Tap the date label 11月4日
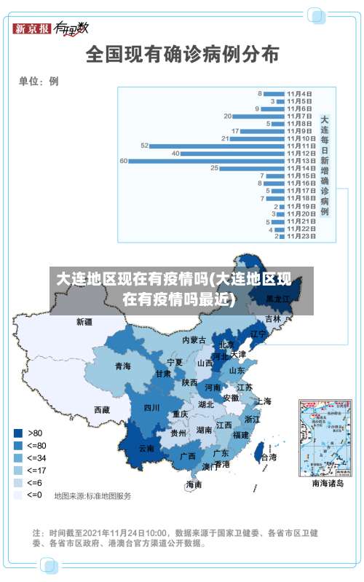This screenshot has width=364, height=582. click(299, 93)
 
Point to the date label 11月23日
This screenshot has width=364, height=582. click(301, 236)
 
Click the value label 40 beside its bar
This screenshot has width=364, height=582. click(175, 153)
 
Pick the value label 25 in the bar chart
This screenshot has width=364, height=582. click(214, 168)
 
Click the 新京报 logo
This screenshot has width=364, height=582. click(32, 28)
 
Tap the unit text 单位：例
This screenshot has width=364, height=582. click(39, 81)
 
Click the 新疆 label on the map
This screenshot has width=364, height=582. click(84, 321)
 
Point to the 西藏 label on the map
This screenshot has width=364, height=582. click(101, 410)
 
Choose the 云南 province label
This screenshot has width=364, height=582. click(146, 449)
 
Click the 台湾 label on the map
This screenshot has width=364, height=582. click(269, 457)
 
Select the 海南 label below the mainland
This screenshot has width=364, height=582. click(194, 484)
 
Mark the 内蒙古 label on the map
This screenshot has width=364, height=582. click(194, 340)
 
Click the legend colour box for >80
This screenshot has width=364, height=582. click(17, 433)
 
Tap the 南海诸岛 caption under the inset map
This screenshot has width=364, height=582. click(327, 483)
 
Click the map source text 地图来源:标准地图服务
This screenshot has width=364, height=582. click(92, 496)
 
